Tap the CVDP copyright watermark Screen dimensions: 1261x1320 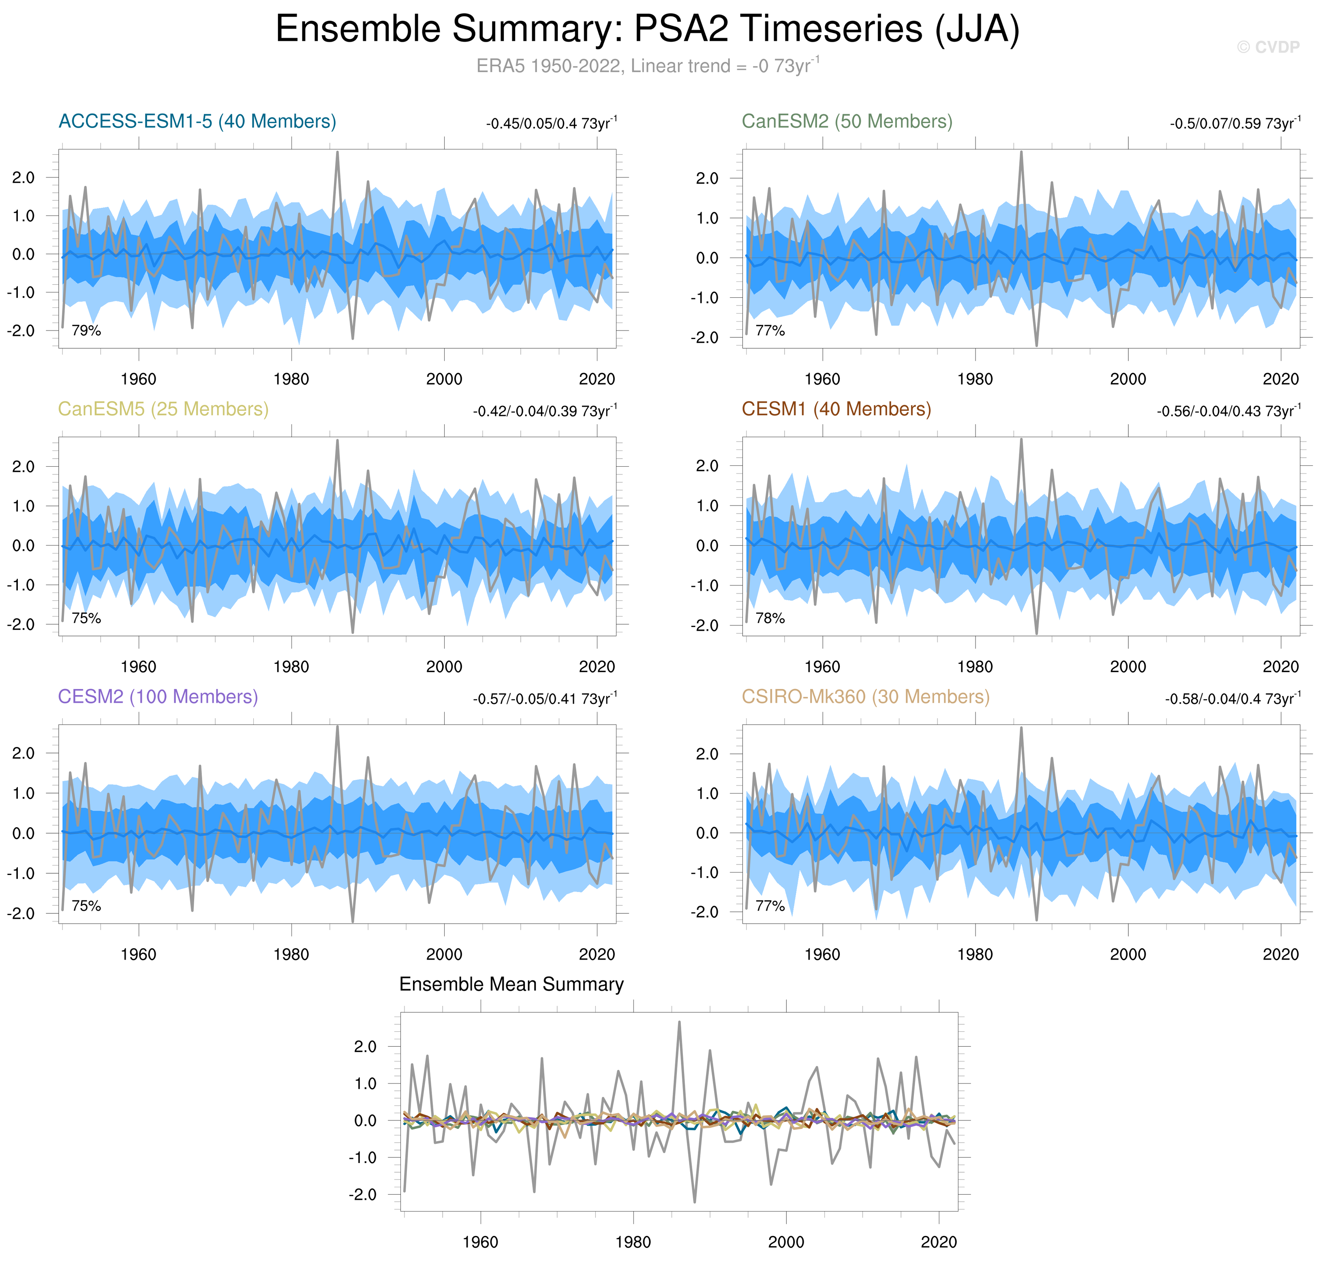click(x=1268, y=47)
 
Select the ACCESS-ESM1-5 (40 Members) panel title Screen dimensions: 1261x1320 click(x=197, y=122)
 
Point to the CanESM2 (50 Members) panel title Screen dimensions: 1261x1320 click(x=847, y=122)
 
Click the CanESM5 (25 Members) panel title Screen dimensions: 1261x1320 click(x=163, y=410)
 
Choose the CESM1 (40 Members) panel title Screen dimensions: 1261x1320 click(x=836, y=410)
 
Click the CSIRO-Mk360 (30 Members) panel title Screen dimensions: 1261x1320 click(x=865, y=697)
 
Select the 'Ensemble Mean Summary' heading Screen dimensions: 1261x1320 click(x=511, y=985)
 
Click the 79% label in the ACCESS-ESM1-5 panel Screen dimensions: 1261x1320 click(x=86, y=331)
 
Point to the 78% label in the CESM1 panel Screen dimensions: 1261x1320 click(x=770, y=619)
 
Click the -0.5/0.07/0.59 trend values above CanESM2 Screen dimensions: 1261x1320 click(x=1234, y=124)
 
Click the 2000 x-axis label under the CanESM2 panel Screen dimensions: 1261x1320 click(x=1127, y=379)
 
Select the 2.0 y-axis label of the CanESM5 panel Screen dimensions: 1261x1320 click(x=24, y=467)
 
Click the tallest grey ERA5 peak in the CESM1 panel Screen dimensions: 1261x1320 click(x=1021, y=440)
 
